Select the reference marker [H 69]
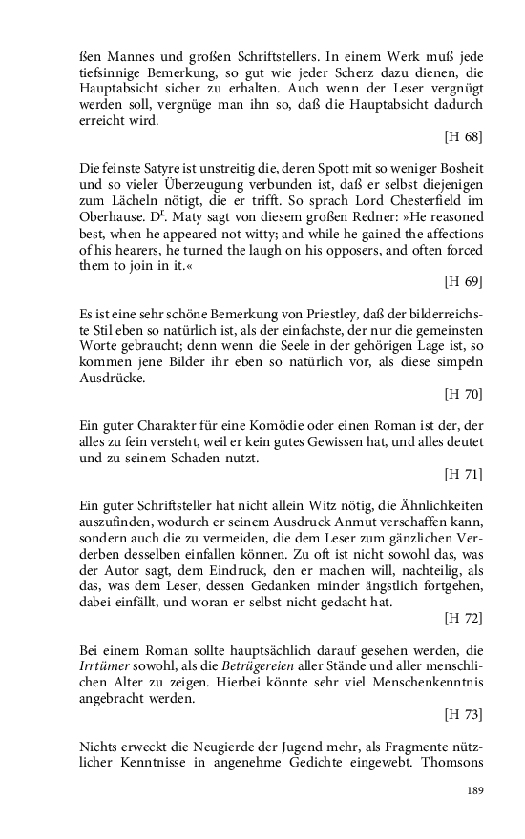464,281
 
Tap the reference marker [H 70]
464,393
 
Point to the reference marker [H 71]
464,473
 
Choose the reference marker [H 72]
464,619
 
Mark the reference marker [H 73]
464,712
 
